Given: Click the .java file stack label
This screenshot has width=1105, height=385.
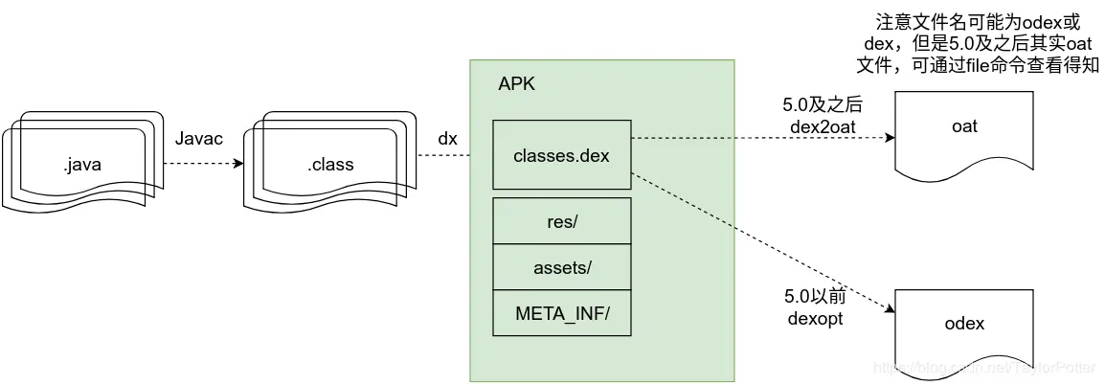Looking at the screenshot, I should click(x=82, y=164).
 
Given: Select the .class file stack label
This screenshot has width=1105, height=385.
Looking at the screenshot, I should click(x=330, y=164).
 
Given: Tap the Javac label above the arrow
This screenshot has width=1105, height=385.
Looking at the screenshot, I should click(x=199, y=140).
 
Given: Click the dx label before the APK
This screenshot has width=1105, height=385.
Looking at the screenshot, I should click(x=447, y=140).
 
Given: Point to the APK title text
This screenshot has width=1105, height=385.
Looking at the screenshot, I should click(x=517, y=83).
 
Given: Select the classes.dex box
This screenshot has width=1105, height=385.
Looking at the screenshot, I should click(x=562, y=154).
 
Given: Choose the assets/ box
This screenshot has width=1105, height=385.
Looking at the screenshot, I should click(x=562, y=267).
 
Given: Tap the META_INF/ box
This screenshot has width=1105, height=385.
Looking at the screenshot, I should click(x=562, y=313).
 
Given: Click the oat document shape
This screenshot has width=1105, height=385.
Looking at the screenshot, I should click(x=965, y=129).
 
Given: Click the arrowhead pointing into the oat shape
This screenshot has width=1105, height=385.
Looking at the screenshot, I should click(x=890, y=138).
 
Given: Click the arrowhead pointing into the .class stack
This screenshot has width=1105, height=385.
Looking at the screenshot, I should click(x=237, y=163).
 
